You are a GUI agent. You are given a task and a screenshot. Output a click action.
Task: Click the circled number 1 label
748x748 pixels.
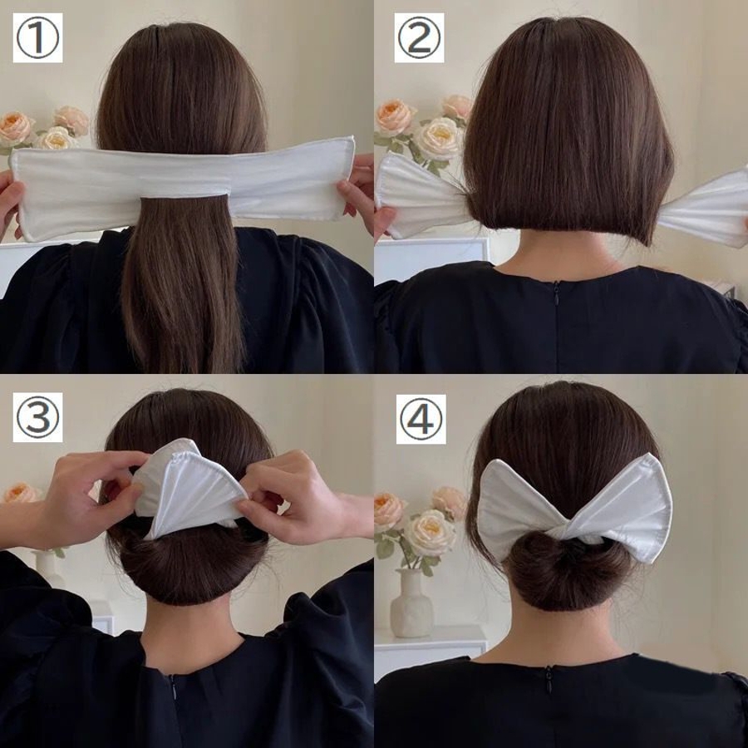tap(37, 37)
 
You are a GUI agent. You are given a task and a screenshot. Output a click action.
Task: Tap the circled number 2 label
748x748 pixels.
tap(420, 37)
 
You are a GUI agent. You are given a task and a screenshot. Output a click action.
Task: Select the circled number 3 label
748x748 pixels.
tap(37, 417)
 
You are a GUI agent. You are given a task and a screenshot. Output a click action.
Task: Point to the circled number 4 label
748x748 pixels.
tap(421, 419)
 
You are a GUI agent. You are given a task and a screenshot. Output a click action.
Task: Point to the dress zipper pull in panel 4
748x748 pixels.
tap(549, 679)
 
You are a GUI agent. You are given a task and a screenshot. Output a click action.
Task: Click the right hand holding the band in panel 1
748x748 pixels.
tap(357, 191)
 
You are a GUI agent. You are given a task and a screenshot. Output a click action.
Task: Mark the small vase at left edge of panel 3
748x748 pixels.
tap(47, 570)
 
